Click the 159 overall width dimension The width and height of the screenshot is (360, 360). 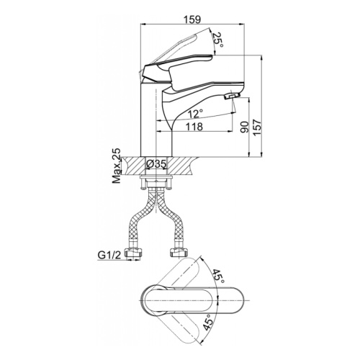(x=192, y=19)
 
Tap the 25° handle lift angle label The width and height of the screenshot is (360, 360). (x=219, y=40)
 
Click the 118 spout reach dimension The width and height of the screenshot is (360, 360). (x=194, y=127)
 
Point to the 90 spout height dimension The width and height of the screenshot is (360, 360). (x=245, y=127)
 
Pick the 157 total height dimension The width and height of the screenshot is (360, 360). (x=257, y=127)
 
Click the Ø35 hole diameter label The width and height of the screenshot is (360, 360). (x=156, y=164)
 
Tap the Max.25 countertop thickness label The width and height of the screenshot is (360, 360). (x=117, y=166)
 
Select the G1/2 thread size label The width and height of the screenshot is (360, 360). (x=109, y=256)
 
